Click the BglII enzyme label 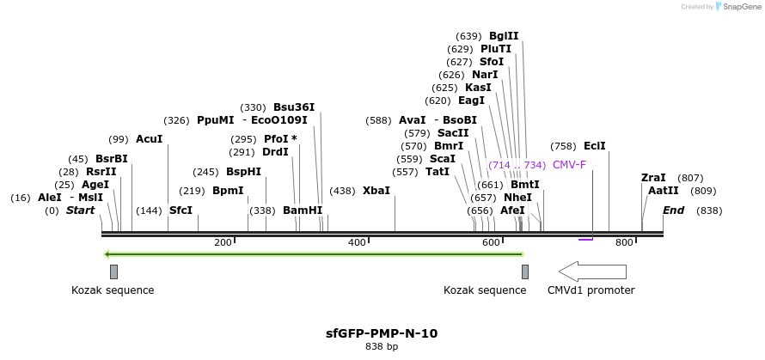pos(504,36)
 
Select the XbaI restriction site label pos(376,190)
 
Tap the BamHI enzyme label pos(303,211)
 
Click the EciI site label pos(595,146)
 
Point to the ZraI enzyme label pos(653,178)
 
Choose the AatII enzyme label pos(664,191)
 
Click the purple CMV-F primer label pos(569,164)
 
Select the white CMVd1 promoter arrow pos(592,272)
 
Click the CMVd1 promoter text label pos(591,290)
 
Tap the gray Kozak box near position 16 pos(113,272)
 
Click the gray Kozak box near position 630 pos(525,272)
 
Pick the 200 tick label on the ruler pos(223,243)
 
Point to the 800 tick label pos(624,243)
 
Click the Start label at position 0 pos(80,211)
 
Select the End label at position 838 pos(673,211)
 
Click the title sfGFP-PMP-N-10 pos(382,333)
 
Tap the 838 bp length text pos(382,347)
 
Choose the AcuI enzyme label pos(149,139)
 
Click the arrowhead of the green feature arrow pos(107,253)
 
